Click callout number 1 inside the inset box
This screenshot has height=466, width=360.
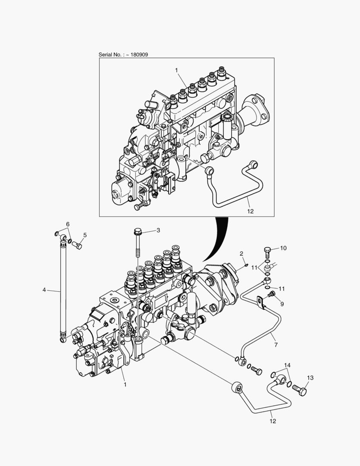pyautogui.click(x=176, y=70)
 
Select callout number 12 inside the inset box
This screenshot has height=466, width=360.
pyautogui.click(x=250, y=211)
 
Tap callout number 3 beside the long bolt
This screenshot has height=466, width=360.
pyautogui.click(x=158, y=230)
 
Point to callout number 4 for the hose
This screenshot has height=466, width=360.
pyautogui.click(x=44, y=290)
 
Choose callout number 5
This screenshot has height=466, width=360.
pyautogui.click(x=85, y=235)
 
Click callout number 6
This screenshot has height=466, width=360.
pyautogui.click(x=68, y=224)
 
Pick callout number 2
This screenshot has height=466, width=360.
pyautogui.click(x=241, y=253)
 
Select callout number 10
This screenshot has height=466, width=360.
pyautogui.click(x=283, y=248)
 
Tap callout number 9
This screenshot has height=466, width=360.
pyautogui.click(x=282, y=304)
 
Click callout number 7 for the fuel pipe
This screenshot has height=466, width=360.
pyautogui.click(x=276, y=345)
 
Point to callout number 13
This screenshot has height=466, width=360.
pyautogui.click(x=310, y=378)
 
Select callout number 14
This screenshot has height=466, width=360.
pyautogui.click(x=288, y=365)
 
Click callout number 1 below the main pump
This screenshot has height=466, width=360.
pyautogui.click(x=125, y=384)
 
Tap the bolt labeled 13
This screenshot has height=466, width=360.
pyautogui.click(x=300, y=391)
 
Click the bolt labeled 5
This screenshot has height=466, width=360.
pyautogui.click(x=78, y=246)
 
